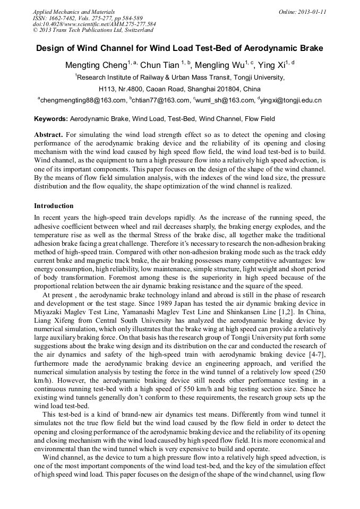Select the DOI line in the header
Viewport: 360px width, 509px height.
click(94, 24)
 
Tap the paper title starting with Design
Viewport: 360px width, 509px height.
click(179, 48)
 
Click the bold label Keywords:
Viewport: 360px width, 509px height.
click(51, 119)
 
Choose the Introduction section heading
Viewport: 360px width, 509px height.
click(54, 205)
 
